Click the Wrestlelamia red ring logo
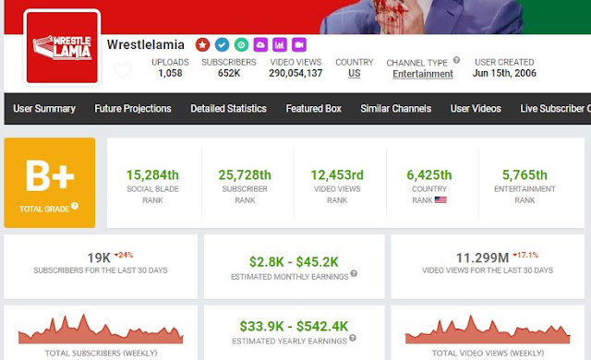coord(62,47)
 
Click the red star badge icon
coord(202,45)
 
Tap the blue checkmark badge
coord(222,45)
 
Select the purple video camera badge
coord(299,45)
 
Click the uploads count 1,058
coord(170,73)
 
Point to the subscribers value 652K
coord(229,73)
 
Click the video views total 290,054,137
coord(295,73)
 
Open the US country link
coord(355,74)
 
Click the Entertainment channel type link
coord(423,74)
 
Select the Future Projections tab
coord(133,108)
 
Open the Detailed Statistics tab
coord(228,108)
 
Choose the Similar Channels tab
coord(396,108)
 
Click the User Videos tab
coord(476,108)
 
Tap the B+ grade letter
coord(50,175)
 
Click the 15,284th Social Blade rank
coord(152,175)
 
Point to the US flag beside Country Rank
coord(440,200)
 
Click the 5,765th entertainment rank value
coord(525,175)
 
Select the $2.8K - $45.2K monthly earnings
coord(294,262)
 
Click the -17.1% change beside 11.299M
coord(525,255)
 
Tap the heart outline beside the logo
coord(123,70)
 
